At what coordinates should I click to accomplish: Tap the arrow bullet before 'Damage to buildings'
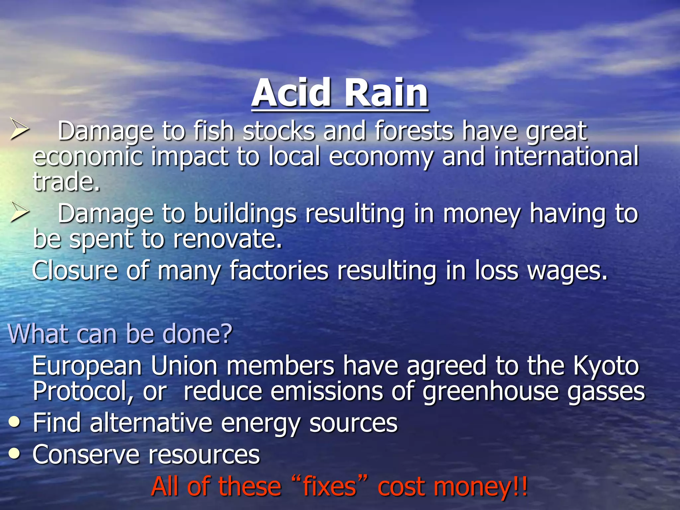[19, 212]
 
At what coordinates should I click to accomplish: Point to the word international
[566, 156]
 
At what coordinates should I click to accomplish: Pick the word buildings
[245, 214]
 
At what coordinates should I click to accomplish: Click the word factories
[279, 271]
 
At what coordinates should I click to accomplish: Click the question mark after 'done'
[226, 333]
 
